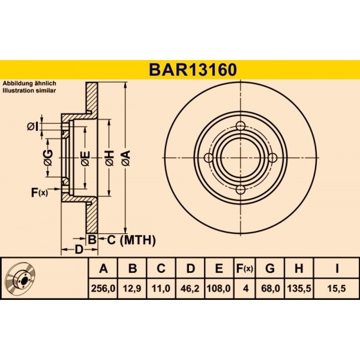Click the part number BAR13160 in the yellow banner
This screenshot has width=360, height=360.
(193, 70)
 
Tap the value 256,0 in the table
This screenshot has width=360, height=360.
(103, 288)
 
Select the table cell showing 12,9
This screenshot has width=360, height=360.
(132, 288)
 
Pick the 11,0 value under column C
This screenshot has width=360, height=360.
(161, 288)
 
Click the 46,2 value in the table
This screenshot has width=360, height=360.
(190, 288)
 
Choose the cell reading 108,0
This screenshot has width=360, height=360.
(219, 288)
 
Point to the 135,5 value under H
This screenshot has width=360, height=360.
(299, 288)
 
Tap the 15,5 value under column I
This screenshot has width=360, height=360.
(337, 288)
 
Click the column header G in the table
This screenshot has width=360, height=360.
(270, 268)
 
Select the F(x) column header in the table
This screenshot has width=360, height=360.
(245, 268)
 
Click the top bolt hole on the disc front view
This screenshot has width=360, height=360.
(240, 126)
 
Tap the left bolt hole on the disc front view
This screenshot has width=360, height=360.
(209, 158)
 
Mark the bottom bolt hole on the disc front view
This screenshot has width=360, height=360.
(240, 189)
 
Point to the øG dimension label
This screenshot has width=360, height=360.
(49, 158)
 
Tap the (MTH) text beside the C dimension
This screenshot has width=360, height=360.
(138, 240)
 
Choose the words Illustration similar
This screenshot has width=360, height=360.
(29, 90)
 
